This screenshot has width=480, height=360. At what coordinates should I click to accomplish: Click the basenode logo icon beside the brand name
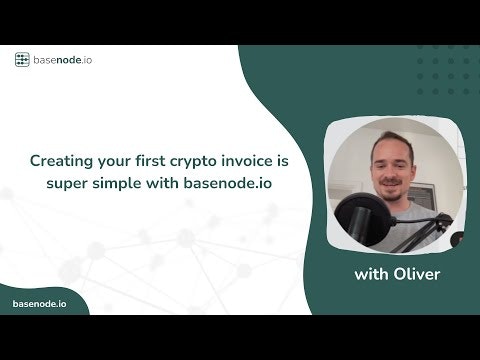[22, 59]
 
